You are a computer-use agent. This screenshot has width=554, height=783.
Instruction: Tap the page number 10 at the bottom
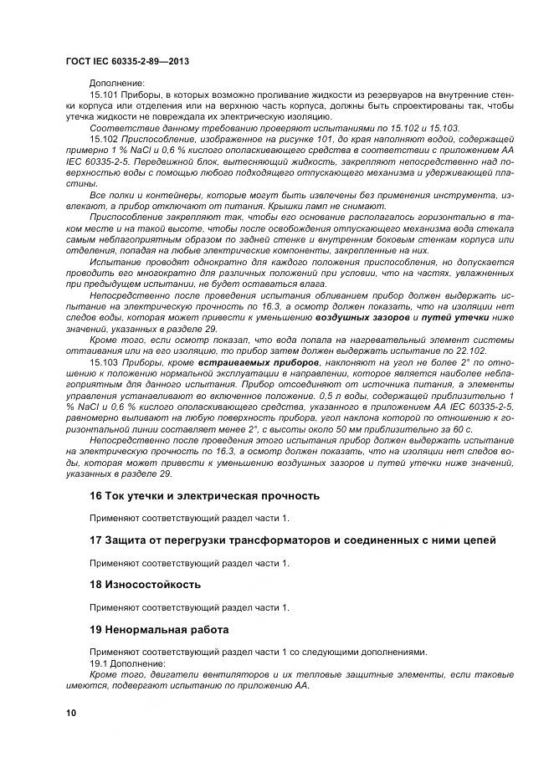tap(70, 712)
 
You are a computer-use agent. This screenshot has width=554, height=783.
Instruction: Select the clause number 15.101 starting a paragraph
tap(104, 96)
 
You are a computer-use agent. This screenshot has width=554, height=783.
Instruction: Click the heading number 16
tap(95, 496)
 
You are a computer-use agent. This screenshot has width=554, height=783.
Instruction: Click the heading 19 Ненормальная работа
tap(158, 628)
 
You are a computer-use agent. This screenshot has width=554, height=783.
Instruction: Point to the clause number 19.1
tap(100, 663)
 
